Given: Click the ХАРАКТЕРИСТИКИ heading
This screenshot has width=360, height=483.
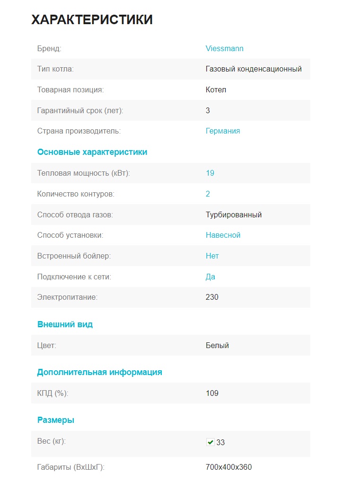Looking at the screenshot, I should point(92,20).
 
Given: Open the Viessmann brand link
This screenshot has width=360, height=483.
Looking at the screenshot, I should point(224,48).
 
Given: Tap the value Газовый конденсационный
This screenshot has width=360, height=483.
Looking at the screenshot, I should point(254,69).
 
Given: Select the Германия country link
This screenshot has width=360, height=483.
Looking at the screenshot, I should point(223,131).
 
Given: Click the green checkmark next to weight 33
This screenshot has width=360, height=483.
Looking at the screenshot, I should point(210,442).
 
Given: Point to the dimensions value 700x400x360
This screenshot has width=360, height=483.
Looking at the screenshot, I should point(228,467).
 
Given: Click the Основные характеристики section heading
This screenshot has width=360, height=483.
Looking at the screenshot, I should point(92,152).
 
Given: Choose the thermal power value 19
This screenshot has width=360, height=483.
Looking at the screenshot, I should point(210,173).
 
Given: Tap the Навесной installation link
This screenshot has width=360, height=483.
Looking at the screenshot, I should point(223,235).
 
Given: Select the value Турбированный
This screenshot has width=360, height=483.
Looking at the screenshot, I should point(234,215).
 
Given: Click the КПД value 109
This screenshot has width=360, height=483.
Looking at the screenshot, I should point(212,393).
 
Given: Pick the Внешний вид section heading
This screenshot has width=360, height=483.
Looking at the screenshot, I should point(65,324).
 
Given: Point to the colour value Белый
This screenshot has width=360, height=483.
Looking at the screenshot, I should point(217,346).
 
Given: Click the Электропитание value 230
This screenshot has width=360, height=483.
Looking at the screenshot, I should point(212,297).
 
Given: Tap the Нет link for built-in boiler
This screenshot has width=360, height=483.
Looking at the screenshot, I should point(212,256).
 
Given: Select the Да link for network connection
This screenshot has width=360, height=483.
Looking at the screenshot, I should point(211,277).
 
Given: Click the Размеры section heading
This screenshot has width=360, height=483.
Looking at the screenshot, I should point(56,420).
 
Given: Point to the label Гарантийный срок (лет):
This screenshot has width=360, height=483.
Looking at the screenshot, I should point(80,110).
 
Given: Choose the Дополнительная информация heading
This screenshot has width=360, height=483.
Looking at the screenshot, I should point(99,372).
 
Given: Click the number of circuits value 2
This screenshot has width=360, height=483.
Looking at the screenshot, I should point(208,194).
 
